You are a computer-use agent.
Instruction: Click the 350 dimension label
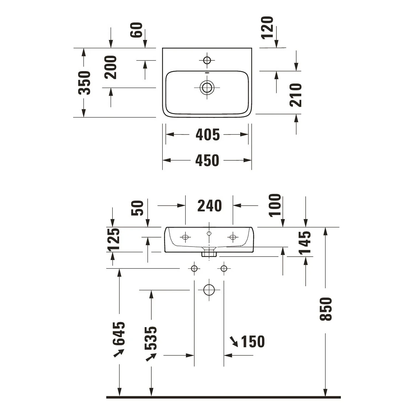[x=85, y=83]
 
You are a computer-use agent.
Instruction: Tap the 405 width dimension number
[x=208, y=135]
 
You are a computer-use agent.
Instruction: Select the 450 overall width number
[x=207, y=160]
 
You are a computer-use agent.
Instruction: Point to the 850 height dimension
[x=326, y=309]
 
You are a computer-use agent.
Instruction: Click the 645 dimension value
[x=118, y=334]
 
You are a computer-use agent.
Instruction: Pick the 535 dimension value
[x=151, y=339]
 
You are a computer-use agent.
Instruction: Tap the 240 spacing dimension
[x=209, y=206]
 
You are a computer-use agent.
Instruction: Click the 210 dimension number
[x=296, y=95]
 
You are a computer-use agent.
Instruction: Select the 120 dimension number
[x=267, y=28]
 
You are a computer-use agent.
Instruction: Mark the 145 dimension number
[x=305, y=243]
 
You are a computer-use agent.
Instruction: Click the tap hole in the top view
[x=207, y=60]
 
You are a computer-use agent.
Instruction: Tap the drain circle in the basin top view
[x=207, y=88]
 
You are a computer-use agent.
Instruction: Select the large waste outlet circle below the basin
[x=209, y=290]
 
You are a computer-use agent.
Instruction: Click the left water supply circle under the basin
[x=194, y=268]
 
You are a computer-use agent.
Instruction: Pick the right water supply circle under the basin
[x=224, y=268]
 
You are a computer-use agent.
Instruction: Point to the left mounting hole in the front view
[x=185, y=237]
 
